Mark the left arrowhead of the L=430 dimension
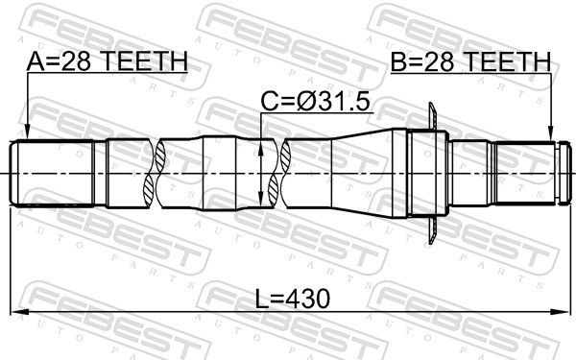(x=16, y=311)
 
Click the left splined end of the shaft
(x=53, y=173)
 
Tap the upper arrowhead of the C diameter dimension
(x=262, y=145)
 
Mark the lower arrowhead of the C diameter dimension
(x=262, y=203)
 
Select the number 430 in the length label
(x=308, y=299)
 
